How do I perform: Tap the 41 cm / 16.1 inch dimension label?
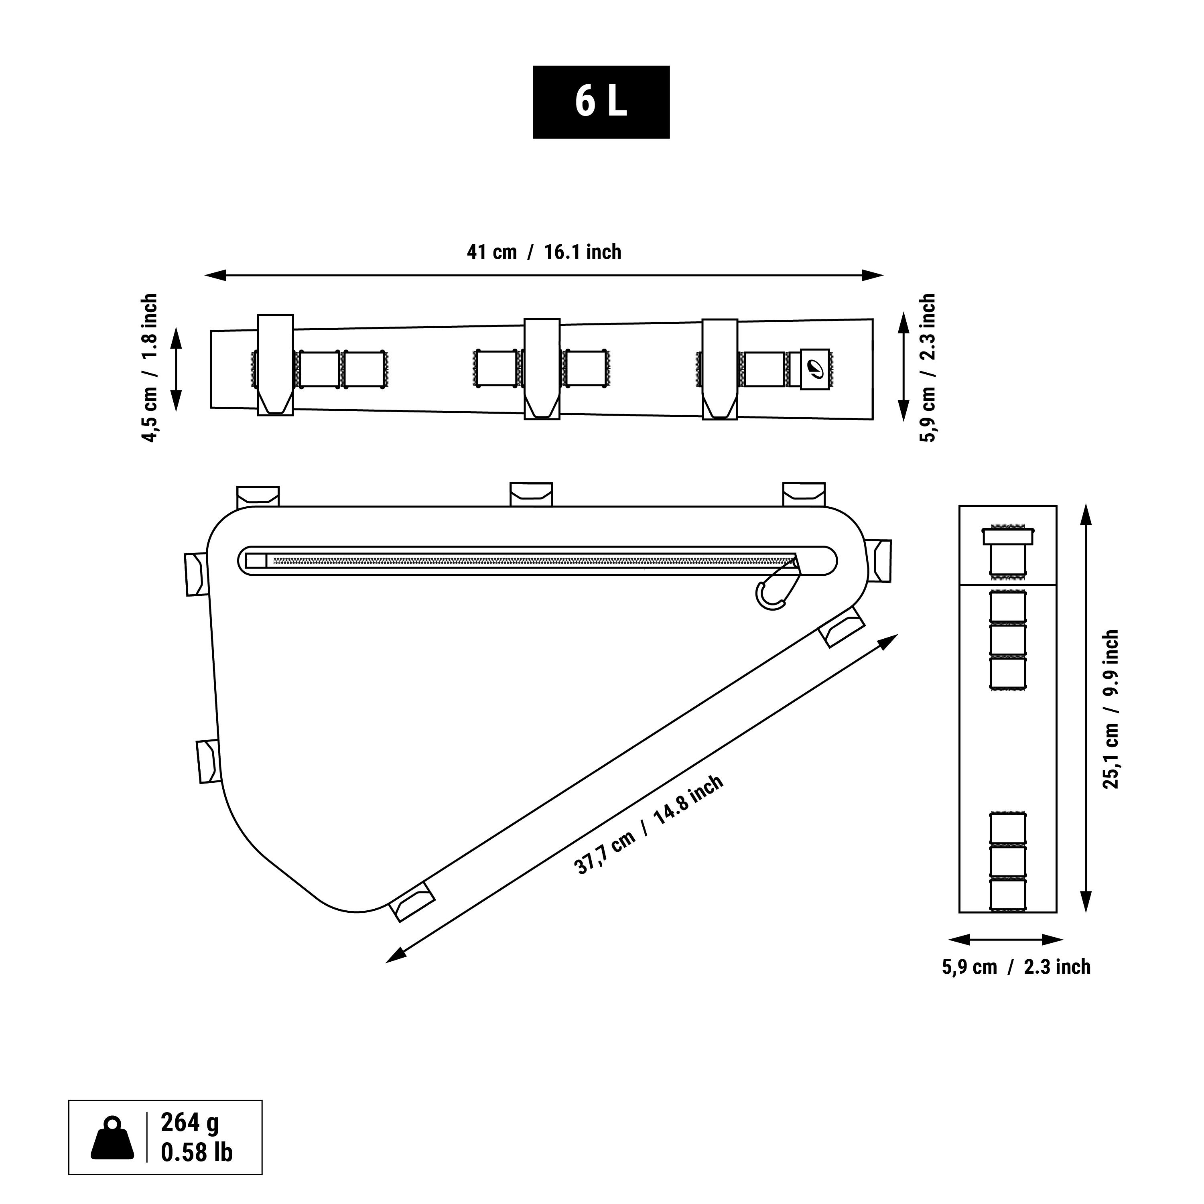coord(544,252)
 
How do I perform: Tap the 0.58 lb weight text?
coord(196,1152)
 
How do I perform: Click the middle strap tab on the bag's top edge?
coord(531,494)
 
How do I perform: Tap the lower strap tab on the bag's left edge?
coord(209,761)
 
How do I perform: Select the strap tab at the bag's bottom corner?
coord(412,901)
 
